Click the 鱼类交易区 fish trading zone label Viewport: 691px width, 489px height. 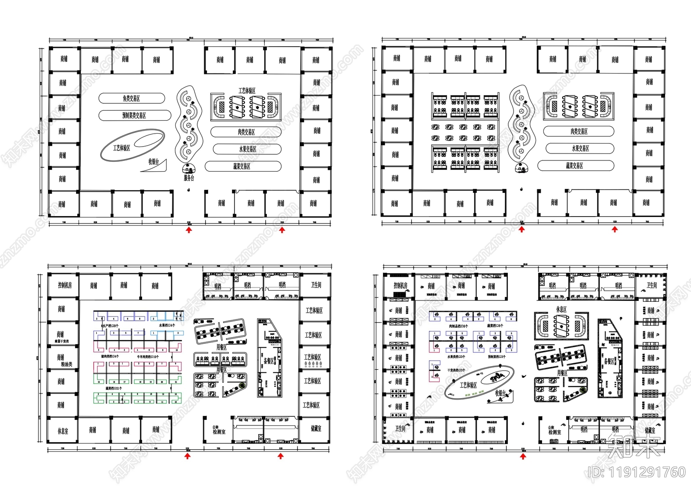point(131,99)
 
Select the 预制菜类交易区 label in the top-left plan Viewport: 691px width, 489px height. point(134,115)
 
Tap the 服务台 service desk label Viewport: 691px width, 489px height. point(189,178)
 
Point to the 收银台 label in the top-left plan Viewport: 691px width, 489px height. point(154,162)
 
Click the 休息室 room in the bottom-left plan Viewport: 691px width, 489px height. point(63,431)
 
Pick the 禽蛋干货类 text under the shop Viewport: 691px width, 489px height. point(61,342)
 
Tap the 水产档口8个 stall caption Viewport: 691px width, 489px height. point(110,325)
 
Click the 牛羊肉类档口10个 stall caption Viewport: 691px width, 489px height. point(148,357)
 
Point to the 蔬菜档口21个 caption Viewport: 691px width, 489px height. point(114,388)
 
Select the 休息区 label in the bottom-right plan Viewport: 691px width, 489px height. point(561,310)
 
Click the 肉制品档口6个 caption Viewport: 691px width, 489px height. point(458,326)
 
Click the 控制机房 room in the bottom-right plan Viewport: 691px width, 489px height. point(400,286)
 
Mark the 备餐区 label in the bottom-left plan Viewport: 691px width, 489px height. point(269,361)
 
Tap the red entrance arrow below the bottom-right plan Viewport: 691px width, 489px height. point(523,456)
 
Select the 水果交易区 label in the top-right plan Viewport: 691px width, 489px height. point(580,148)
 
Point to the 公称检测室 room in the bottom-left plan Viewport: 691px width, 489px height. point(219,430)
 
